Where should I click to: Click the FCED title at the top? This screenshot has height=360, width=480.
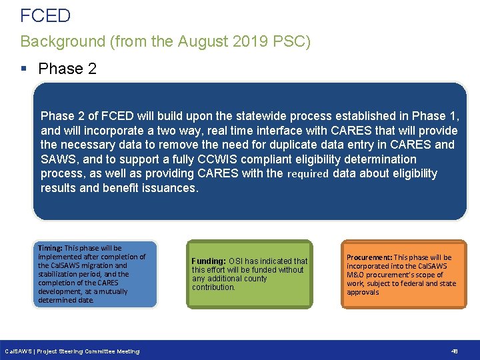[45, 15]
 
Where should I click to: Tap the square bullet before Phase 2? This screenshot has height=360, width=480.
[24, 69]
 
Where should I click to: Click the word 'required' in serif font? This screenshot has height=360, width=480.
[308, 174]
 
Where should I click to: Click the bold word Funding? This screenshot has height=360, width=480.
[209, 261]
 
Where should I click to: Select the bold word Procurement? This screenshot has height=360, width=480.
[369, 257]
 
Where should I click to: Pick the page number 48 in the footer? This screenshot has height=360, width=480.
[455, 351]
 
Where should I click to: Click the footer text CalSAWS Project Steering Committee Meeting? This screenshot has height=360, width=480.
[72, 351]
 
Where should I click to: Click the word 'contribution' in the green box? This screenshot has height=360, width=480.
[213, 287]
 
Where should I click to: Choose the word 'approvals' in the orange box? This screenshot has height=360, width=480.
[363, 292]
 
